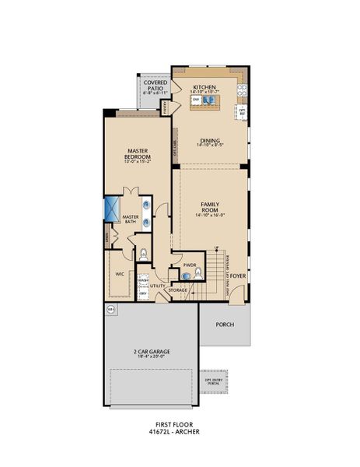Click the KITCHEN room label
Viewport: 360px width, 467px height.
204,87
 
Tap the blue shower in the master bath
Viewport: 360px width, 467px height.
110,209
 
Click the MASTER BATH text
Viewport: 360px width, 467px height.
130,219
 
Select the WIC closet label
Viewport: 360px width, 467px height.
121,274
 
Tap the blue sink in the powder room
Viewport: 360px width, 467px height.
176,274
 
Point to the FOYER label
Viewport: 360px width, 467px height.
237,274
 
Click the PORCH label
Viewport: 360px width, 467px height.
224,325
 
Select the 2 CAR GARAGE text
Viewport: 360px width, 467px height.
151,350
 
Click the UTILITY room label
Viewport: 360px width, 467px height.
158,286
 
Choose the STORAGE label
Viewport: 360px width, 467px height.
178,290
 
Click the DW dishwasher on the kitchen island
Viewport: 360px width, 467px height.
197,101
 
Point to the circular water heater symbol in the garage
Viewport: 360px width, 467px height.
110,309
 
